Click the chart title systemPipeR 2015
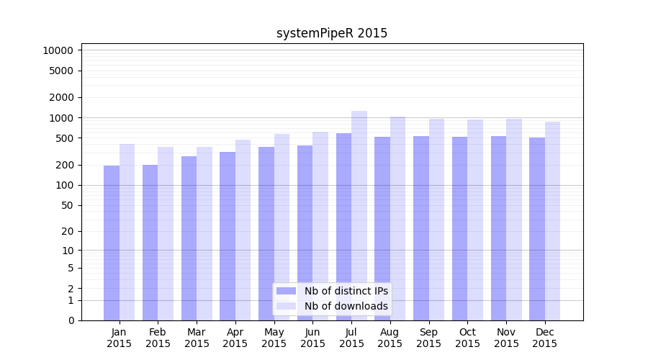click(x=332, y=33)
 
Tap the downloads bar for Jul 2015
click(x=359, y=215)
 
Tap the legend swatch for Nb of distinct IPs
click(x=286, y=291)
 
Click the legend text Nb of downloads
click(x=346, y=306)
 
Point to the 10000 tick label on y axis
click(x=58, y=50)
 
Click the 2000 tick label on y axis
click(x=61, y=97)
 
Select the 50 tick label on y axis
click(x=67, y=205)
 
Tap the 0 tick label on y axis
click(x=71, y=320)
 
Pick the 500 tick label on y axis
click(x=64, y=138)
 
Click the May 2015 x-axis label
click(x=274, y=338)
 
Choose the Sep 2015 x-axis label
click(x=428, y=338)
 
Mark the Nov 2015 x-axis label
click(x=506, y=338)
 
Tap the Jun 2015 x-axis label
click(x=312, y=338)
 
